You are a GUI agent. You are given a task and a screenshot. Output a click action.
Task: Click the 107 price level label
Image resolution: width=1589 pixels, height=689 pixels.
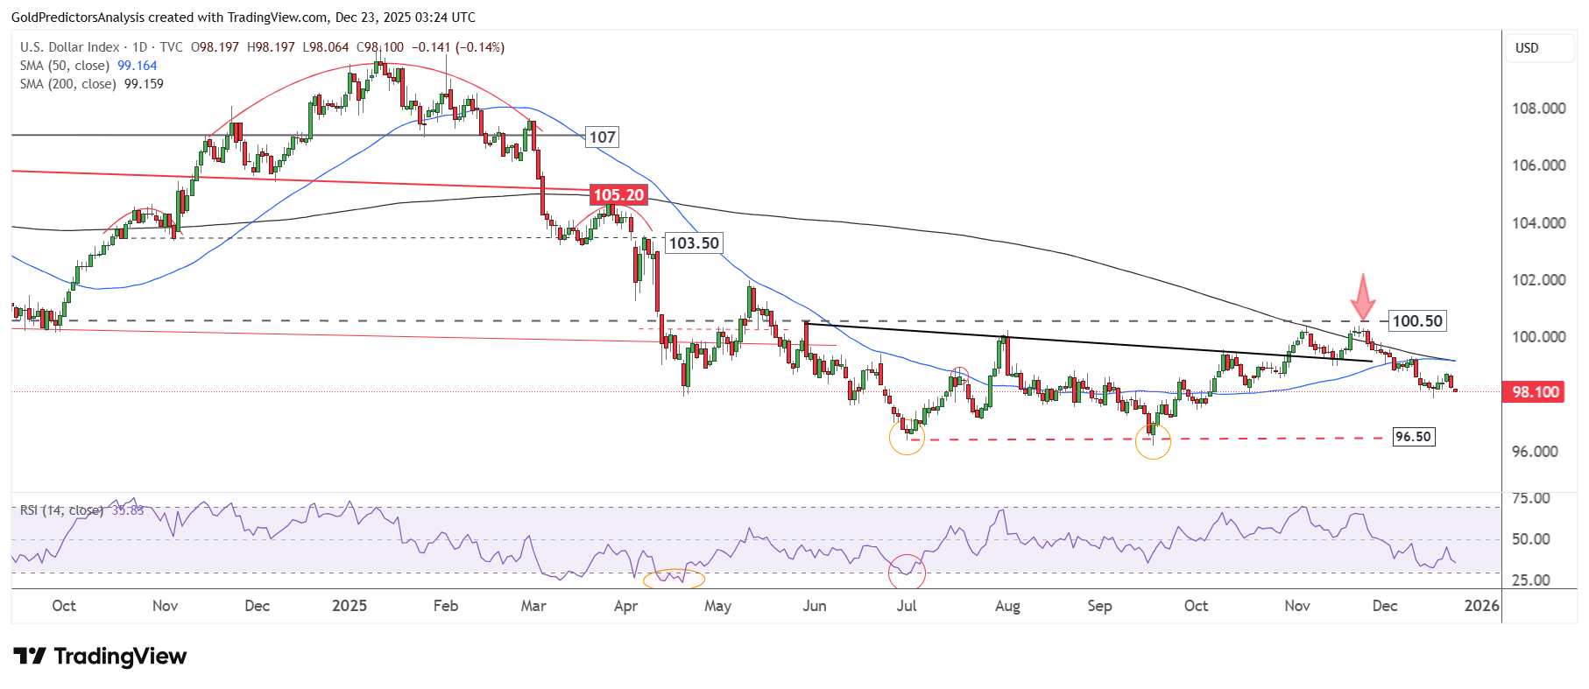click(602, 137)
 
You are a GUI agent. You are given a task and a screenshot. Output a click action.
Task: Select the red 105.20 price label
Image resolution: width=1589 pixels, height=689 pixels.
click(618, 195)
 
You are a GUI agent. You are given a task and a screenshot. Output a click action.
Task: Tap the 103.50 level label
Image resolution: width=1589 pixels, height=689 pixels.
click(694, 243)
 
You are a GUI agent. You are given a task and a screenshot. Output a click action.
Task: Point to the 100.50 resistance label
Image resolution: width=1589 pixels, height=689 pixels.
click(1416, 321)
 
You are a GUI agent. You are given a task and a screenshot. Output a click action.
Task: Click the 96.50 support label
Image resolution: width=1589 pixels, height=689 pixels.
click(1413, 437)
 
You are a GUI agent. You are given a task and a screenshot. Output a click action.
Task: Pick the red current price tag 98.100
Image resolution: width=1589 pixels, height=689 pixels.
click(1535, 392)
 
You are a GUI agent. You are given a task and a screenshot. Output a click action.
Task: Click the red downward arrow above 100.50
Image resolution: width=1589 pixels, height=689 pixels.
click(1362, 297)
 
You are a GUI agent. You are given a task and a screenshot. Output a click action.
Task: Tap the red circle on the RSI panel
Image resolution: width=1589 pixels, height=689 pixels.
click(907, 572)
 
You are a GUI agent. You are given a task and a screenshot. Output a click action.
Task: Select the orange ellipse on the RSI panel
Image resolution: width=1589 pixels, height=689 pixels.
click(673, 578)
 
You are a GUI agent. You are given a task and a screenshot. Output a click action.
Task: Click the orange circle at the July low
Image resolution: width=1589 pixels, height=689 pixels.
click(907, 437)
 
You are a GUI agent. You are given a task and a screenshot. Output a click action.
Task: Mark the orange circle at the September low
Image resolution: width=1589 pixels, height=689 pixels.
click(1153, 441)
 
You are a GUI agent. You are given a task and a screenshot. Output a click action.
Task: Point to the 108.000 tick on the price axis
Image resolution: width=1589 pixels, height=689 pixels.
click(1538, 109)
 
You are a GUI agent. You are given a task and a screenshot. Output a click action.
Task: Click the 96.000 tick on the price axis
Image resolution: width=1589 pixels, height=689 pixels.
click(1538, 452)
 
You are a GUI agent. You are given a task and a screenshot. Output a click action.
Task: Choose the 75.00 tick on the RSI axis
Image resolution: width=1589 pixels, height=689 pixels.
click(1530, 498)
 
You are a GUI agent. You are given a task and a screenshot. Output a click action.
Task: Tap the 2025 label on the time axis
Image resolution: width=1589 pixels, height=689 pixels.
click(350, 606)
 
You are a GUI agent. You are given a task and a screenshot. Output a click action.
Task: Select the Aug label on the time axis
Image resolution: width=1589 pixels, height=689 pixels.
click(1007, 606)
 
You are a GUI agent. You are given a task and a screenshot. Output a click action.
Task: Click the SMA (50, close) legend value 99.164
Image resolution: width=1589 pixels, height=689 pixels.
click(138, 66)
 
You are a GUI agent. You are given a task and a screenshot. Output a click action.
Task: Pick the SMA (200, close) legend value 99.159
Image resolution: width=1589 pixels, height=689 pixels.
click(144, 84)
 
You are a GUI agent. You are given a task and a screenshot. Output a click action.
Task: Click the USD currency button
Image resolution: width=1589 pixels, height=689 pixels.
click(1527, 48)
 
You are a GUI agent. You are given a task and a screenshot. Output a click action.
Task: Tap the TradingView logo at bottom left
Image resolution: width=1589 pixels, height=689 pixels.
click(100, 657)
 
